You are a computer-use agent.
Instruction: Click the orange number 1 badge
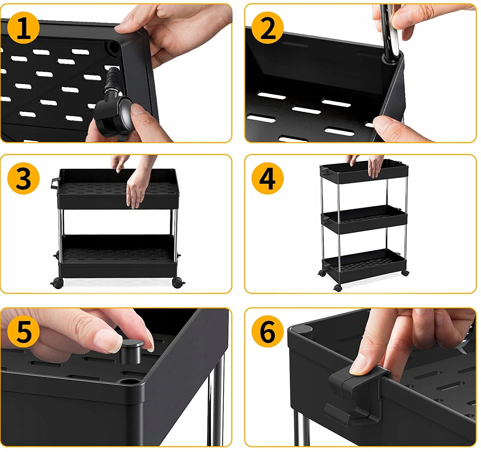point(23,27)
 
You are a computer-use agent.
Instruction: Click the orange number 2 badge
point(267,27)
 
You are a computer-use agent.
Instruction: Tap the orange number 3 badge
point(23,178)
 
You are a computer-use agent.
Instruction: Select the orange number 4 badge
point(267,178)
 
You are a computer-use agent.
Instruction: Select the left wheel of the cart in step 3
point(58,283)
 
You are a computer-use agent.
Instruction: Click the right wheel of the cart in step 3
point(178,283)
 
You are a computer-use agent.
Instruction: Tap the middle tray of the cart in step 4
point(364,219)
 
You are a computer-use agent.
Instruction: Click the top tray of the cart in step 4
point(364,171)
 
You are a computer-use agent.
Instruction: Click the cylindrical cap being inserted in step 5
point(131,351)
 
